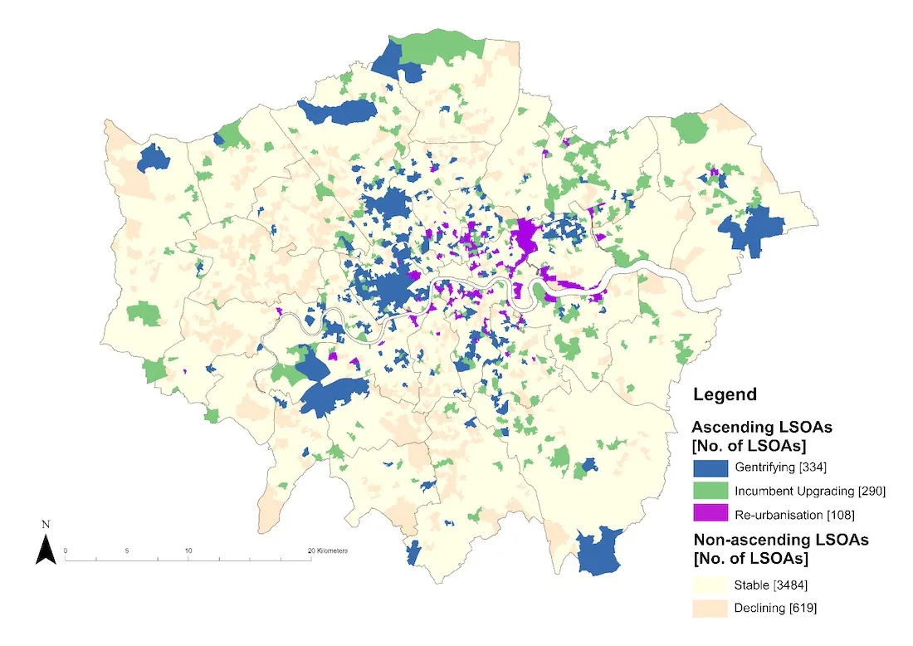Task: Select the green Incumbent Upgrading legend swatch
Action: pyautogui.click(x=710, y=490)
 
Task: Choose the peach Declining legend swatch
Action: pyautogui.click(x=710, y=608)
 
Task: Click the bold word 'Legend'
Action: pyautogui.click(x=725, y=394)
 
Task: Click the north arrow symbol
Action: pyautogui.click(x=46, y=550)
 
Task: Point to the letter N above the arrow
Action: pyautogui.click(x=46, y=525)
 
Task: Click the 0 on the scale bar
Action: pyautogui.click(x=66, y=551)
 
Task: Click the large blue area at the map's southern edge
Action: pyautogui.click(x=599, y=551)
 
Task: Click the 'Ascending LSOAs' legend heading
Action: pyautogui.click(x=762, y=426)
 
